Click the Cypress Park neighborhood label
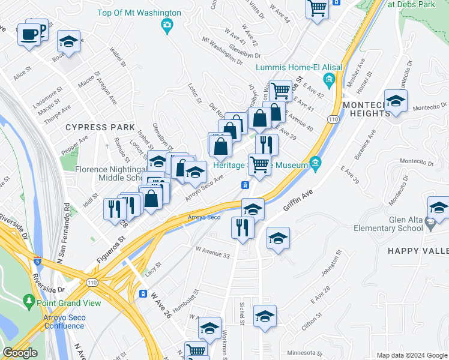[x=100, y=127]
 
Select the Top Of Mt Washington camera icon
[x=167, y=25]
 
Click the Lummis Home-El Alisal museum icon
[x=328, y=80]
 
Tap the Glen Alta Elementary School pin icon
[x=430, y=223]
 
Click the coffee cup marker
[x=29, y=34]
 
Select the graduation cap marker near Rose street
[x=68, y=42]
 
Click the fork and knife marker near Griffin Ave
[x=243, y=227]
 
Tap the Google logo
[x=20, y=353]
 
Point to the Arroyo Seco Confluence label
[x=64, y=322]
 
